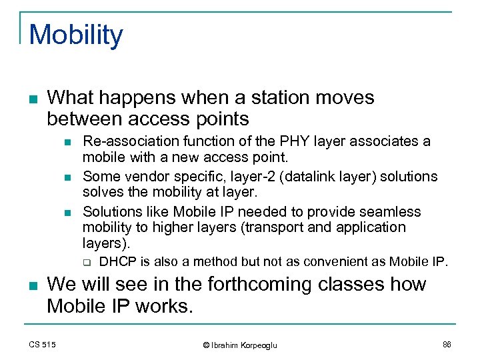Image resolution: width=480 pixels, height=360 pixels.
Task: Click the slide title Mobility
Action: point(77,35)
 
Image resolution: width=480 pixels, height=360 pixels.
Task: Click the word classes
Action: point(350,285)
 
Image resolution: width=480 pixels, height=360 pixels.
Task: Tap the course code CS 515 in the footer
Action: point(43,344)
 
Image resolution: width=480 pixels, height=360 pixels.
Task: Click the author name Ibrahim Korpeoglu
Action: point(243,345)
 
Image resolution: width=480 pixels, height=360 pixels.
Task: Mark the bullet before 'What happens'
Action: point(35,99)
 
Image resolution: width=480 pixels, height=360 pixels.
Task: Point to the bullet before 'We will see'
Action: point(35,286)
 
